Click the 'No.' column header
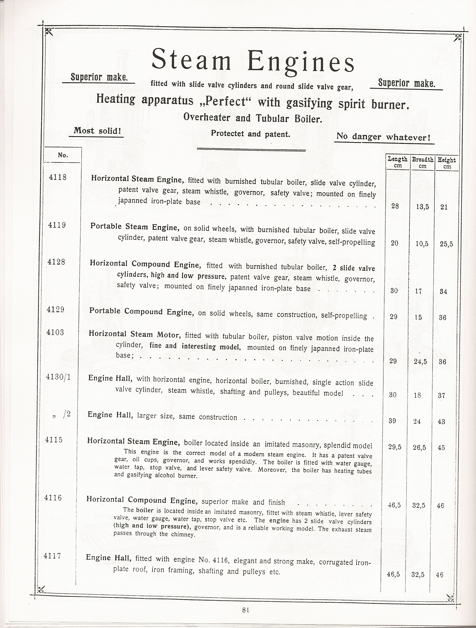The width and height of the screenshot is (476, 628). click(x=63, y=155)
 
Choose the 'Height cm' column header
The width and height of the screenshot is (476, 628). click(x=447, y=163)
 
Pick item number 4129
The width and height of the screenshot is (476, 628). click(x=56, y=309)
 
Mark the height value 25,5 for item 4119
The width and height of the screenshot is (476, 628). click(x=446, y=244)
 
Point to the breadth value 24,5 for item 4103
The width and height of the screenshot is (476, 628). click(x=419, y=362)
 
